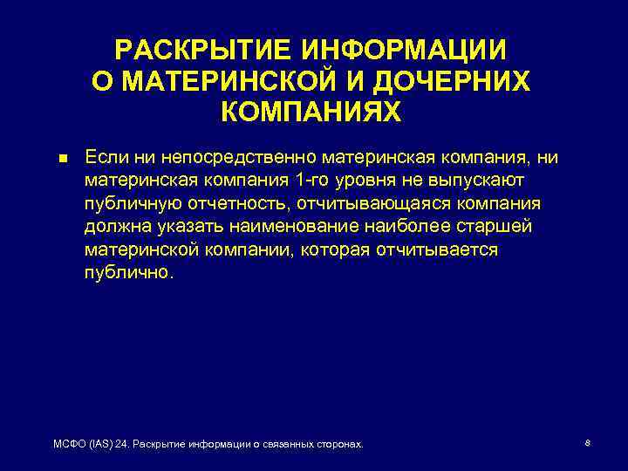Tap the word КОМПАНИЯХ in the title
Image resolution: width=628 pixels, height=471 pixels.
(x=311, y=111)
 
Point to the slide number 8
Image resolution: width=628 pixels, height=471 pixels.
(x=588, y=443)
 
